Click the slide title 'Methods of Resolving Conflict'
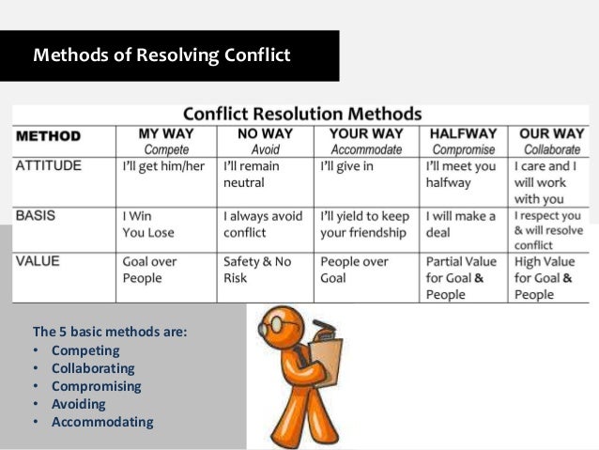tap(161, 55)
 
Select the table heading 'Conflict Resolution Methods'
tap(301, 111)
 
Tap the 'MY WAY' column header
tap(165, 133)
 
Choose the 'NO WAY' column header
tap(266, 133)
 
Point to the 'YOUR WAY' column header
tap(366, 133)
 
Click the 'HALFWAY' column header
tap(463, 133)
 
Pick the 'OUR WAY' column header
tap(551, 133)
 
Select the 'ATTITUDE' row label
tap(49, 166)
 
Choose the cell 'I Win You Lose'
tap(148, 224)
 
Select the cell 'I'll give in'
tap(348, 166)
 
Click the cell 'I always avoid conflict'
tap(263, 224)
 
